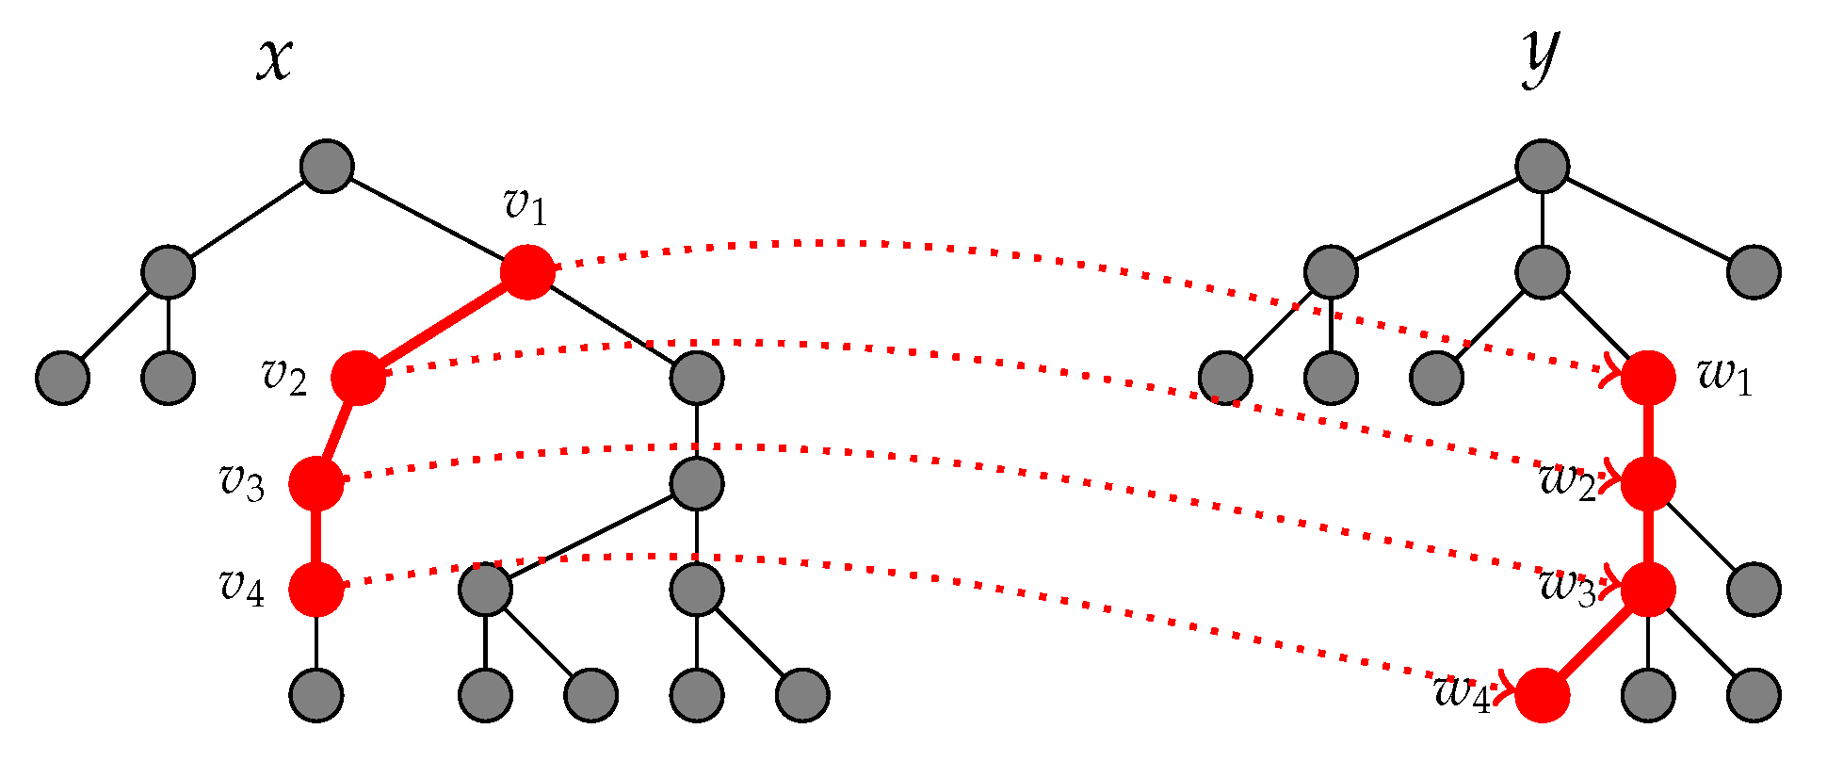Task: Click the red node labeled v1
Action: [x=526, y=272]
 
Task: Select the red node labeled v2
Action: [x=359, y=378]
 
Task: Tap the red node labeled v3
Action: [x=316, y=483]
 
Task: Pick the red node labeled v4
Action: [x=316, y=590]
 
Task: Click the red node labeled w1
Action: [x=1648, y=378]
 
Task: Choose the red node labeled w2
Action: [x=1648, y=483]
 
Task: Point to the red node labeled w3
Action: [x=1648, y=590]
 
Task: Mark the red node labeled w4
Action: [x=1543, y=695]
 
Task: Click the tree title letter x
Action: [x=274, y=61]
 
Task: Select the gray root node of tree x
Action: [x=327, y=167]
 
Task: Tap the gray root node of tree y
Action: [x=1543, y=167]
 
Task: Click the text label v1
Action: [x=525, y=206]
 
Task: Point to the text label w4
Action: [x=1463, y=694]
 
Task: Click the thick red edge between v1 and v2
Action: [x=443, y=325]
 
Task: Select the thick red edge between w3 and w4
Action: [x=1595, y=642]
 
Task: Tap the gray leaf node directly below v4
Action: [x=316, y=695]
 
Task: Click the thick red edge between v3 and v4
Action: [x=316, y=537]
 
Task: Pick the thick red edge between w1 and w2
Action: [x=1648, y=430]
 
